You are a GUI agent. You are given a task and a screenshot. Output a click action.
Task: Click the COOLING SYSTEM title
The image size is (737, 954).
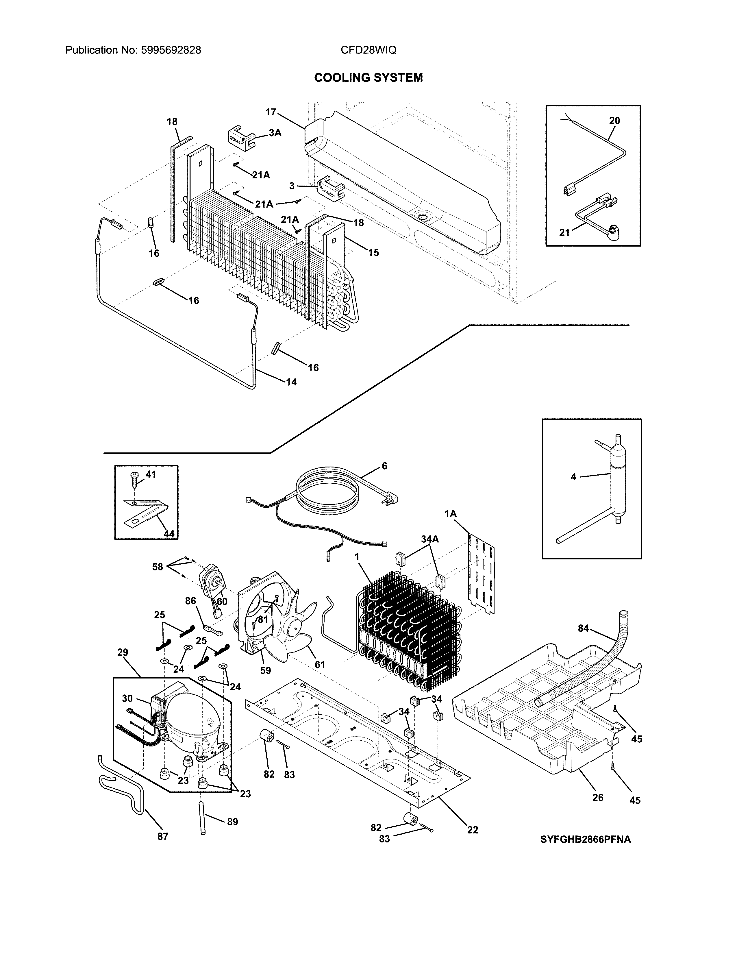(368, 78)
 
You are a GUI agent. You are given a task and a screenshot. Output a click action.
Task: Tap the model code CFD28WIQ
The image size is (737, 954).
(368, 50)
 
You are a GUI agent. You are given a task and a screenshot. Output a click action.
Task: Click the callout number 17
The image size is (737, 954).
(271, 112)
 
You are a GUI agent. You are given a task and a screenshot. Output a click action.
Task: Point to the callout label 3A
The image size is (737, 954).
(275, 133)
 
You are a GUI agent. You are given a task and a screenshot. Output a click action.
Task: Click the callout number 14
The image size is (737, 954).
(291, 382)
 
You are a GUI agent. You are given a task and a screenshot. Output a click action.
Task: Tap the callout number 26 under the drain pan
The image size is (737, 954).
(598, 797)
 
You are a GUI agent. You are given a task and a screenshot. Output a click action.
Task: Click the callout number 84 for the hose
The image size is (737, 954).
(583, 628)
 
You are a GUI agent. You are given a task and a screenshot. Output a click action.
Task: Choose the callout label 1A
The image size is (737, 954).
(451, 514)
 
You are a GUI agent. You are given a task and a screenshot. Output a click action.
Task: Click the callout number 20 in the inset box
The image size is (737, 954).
(614, 121)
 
